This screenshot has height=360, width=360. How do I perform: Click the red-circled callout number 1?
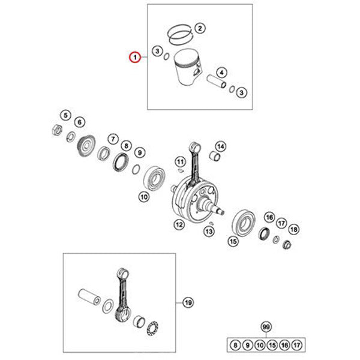[135, 57]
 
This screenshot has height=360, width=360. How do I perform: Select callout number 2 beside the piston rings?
[200, 28]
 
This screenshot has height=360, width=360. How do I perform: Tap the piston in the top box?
[187, 67]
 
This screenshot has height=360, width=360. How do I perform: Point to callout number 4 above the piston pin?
[221, 73]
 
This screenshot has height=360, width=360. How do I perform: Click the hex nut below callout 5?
[57, 130]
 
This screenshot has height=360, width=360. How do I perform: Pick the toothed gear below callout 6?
[86, 145]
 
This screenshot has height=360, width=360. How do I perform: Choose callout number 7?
[113, 139]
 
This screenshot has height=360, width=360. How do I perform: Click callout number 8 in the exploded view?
[126, 146]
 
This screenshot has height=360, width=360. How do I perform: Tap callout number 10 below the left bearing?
[144, 197]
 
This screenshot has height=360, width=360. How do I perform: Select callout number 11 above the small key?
[180, 162]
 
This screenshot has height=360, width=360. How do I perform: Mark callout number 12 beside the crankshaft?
[179, 224]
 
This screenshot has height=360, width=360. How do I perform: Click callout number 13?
[209, 231]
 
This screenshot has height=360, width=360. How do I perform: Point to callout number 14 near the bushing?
[221, 146]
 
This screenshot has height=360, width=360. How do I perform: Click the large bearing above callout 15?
[244, 223]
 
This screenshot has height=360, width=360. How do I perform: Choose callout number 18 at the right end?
[294, 229]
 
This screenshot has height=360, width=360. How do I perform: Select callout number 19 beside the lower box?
[188, 302]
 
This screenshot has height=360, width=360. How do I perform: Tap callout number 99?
[266, 326]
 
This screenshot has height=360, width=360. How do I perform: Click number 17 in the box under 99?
[296, 345]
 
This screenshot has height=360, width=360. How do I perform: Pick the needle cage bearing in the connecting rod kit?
[152, 328]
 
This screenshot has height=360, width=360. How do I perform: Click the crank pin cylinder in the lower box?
[89, 297]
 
